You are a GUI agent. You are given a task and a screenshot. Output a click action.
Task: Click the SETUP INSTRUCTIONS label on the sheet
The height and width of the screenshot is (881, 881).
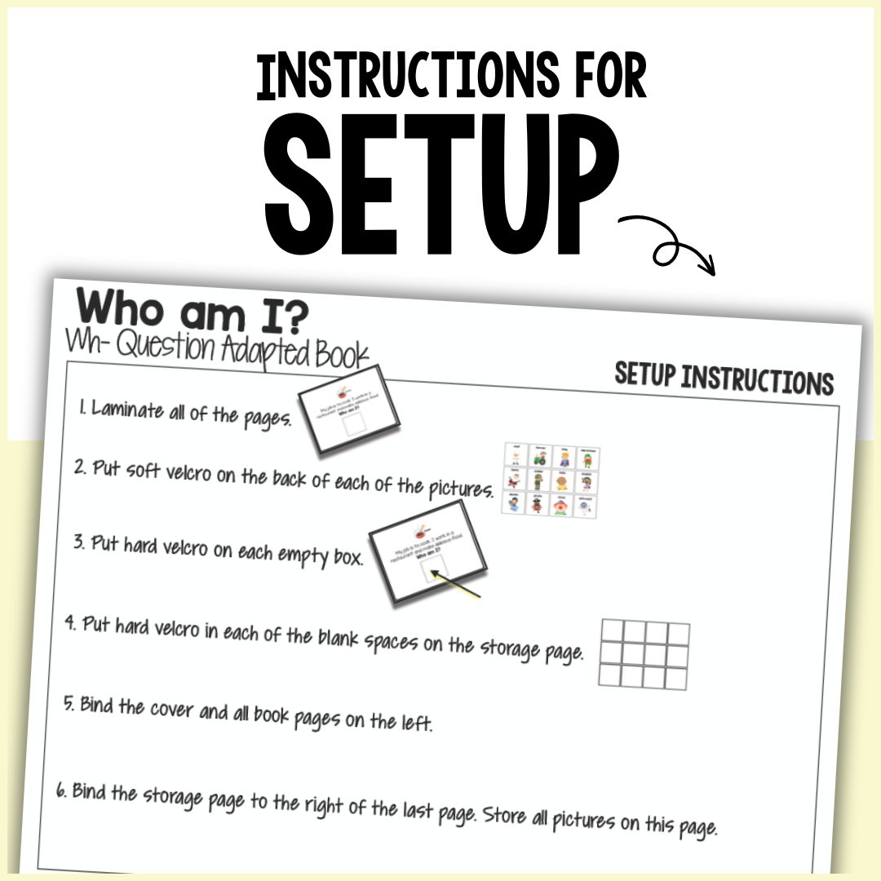click(724, 379)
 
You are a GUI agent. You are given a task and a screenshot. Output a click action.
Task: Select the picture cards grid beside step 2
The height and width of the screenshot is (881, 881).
click(553, 480)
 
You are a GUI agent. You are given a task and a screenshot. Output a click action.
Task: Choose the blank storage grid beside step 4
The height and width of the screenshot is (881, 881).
click(644, 653)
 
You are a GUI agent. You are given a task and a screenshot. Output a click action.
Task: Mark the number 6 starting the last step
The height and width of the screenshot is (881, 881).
click(61, 790)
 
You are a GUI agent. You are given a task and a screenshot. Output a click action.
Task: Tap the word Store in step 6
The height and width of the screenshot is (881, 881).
click(500, 814)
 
